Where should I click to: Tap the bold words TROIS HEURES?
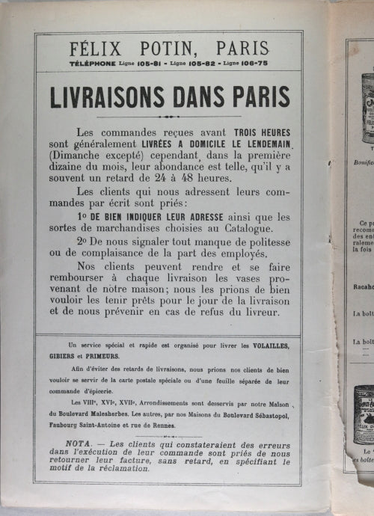[x=251, y=132]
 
